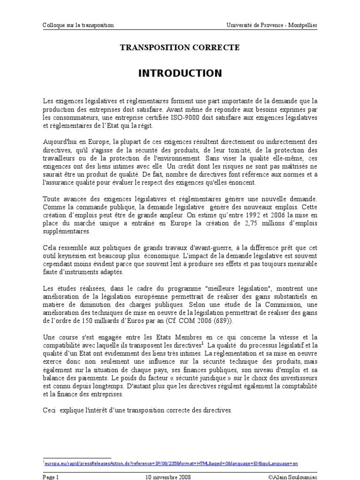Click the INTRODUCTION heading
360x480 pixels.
click(180, 74)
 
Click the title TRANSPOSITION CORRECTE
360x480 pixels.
click(180, 47)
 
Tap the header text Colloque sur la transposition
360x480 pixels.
click(78, 25)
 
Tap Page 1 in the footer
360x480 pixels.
click(51, 476)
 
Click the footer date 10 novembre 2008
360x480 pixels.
click(168, 476)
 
